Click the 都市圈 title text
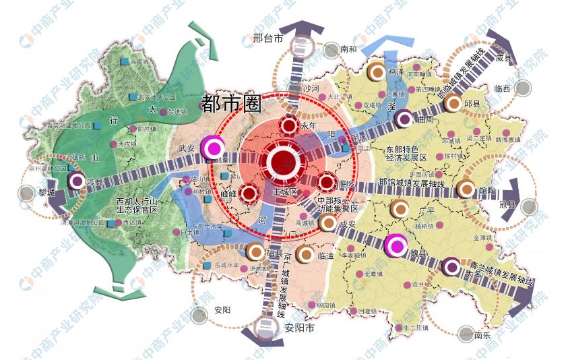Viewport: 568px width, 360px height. click(x=230, y=103)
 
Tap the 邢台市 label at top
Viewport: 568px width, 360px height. click(x=267, y=39)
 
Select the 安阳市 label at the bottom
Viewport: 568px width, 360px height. click(x=299, y=330)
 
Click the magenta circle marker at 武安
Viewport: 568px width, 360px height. click(x=214, y=148)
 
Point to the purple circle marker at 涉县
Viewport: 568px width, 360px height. click(x=77, y=181)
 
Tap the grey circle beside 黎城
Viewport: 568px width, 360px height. click(x=27, y=193)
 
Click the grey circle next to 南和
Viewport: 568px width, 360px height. click(x=331, y=49)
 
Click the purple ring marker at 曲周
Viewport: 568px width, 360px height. click(x=404, y=119)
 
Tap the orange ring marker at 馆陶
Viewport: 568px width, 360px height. click(x=466, y=189)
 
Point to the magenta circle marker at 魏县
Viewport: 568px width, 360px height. click(x=396, y=245)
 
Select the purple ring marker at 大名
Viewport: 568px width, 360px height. click(x=451, y=267)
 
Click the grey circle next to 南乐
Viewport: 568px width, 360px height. click(x=466, y=333)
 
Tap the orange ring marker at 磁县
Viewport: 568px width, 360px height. click(x=255, y=251)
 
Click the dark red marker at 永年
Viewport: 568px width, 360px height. click(x=289, y=126)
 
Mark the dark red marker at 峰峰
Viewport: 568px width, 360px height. click(x=249, y=193)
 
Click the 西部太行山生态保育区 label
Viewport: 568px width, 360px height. click(x=136, y=205)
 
